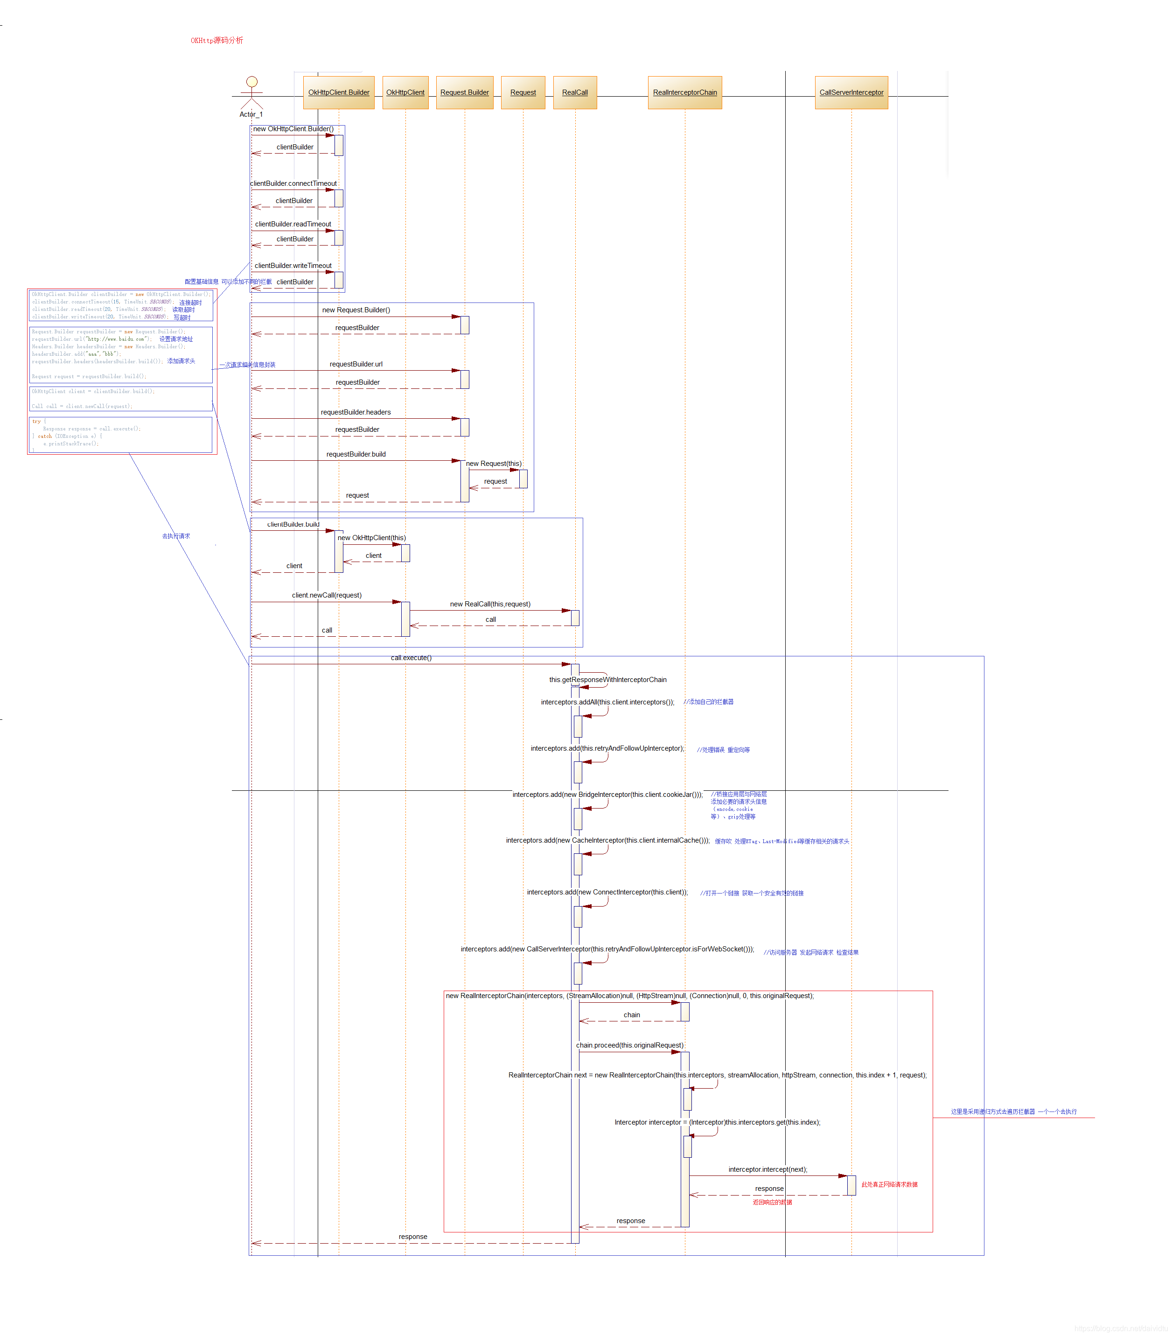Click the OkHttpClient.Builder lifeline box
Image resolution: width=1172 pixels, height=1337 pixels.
[x=339, y=92]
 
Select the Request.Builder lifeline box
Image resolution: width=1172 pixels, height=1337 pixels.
[x=464, y=92]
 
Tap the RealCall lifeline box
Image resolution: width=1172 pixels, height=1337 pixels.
[x=574, y=92]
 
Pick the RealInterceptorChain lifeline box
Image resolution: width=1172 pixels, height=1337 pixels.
[x=684, y=92]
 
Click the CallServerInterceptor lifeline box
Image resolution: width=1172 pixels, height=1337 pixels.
[x=851, y=92]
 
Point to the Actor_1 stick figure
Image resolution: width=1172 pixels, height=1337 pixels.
[x=251, y=93]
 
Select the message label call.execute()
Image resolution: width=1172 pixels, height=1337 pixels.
[x=411, y=657]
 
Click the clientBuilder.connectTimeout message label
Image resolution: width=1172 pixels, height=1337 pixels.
[x=293, y=183]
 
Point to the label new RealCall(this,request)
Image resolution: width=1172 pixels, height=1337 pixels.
[x=490, y=604]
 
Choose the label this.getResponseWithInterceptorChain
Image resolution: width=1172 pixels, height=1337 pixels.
[x=608, y=680]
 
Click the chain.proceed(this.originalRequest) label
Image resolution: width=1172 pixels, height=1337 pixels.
[x=629, y=1045]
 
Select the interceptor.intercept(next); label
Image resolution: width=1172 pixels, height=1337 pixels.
[x=767, y=1169]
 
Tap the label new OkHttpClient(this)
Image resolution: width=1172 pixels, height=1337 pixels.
[x=371, y=538]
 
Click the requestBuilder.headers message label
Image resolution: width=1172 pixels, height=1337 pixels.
[x=356, y=412]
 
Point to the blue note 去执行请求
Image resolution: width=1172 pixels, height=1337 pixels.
[x=176, y=536]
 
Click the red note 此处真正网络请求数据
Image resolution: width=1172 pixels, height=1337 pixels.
[x=889, y=1184]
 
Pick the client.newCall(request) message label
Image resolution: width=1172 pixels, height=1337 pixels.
[x=326, y=595]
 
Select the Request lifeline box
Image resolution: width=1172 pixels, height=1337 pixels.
[x=523, y=92]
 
